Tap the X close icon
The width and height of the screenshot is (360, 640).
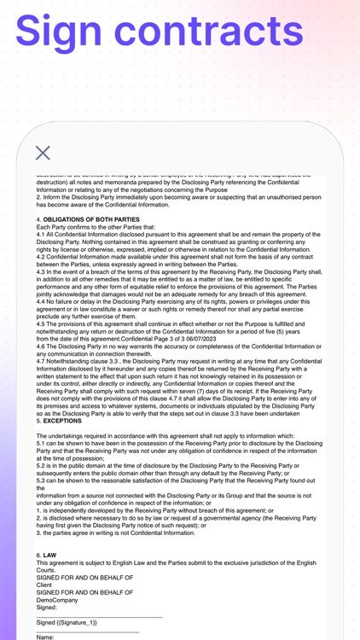(44, 154)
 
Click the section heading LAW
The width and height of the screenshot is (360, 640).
(49, 555)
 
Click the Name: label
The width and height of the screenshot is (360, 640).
(46, 637)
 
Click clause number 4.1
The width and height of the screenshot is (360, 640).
(43, 236)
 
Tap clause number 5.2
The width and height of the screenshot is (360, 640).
(43, 466)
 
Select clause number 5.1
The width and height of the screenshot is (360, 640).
(43, 444)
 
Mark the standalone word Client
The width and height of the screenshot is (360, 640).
(44, 585)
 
